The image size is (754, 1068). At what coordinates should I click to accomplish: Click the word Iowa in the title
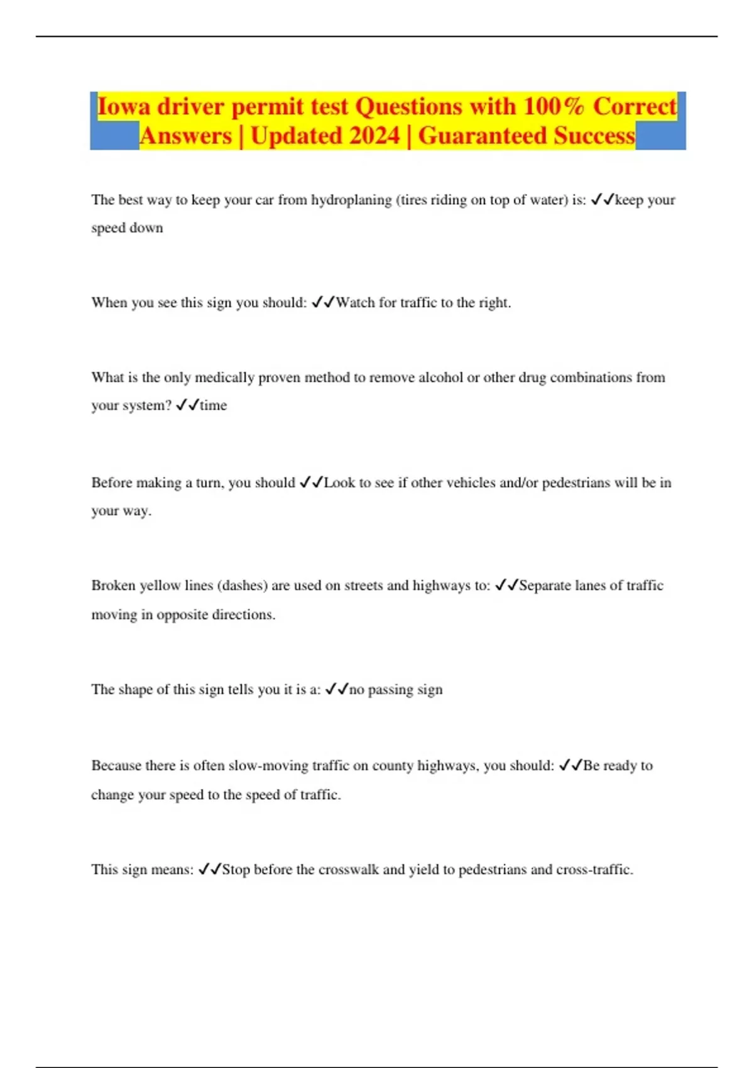[x=124, y=106]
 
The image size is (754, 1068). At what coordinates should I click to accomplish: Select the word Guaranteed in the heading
[x=483, y=136]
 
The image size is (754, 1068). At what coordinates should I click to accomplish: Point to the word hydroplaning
[x=351, y=200]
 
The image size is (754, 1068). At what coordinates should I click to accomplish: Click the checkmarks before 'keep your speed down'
[x=603, y=200]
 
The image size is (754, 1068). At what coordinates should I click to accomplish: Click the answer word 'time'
[x=213, y=406]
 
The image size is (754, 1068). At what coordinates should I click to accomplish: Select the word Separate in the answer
[x=545, y=586]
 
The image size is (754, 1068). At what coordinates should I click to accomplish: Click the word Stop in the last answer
[x=236, y=869]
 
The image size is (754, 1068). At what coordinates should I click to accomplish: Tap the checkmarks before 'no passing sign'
[x=337, y=690]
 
